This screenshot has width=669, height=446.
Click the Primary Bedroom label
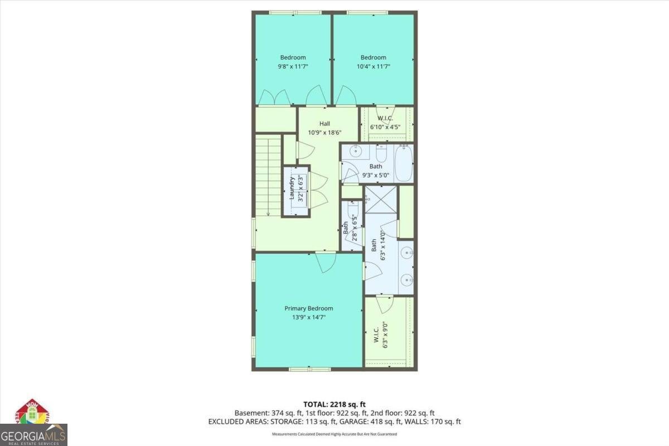[x=308, y=308]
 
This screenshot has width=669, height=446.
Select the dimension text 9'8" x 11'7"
[x=293, y=66]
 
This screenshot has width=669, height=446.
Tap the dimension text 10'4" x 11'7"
[x=373, y=66]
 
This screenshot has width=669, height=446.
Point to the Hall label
[x=324, y=124]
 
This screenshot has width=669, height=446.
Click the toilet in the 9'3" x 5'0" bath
[x=381, y=153]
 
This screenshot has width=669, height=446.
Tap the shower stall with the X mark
[x=381, y=200]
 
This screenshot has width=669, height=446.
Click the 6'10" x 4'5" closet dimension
[x=385, y=127]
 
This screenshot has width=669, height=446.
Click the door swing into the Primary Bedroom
[x=325, y=261]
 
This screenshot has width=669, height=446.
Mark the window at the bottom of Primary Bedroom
[x=309, y=369]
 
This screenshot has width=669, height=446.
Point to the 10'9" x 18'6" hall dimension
[x=324, y=133]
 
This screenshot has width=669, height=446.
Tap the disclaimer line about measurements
[x=334, y=434]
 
